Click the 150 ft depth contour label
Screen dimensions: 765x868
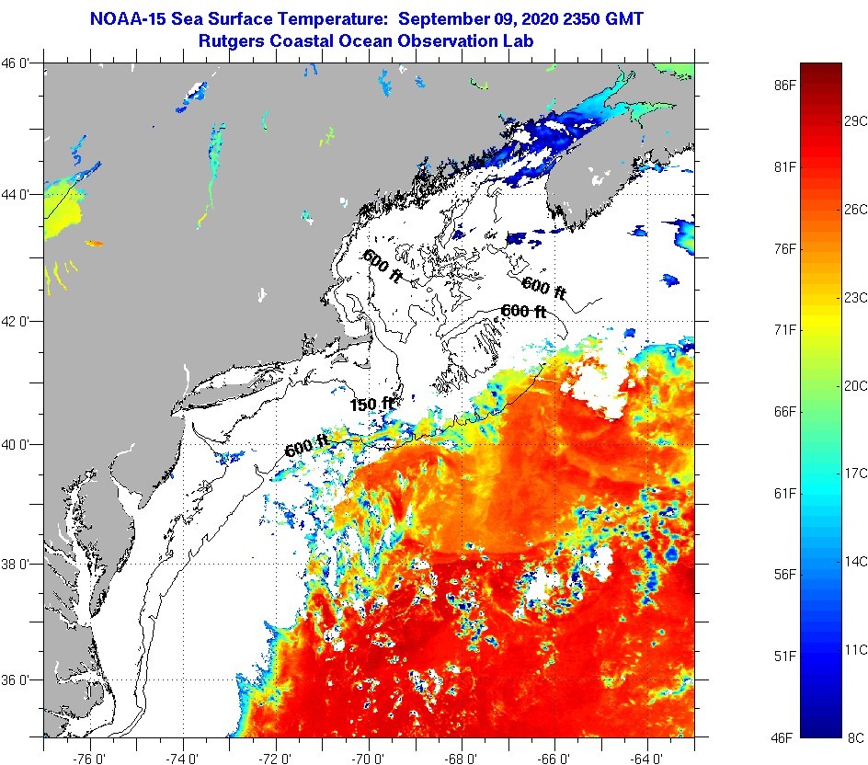click(x=371, y=404)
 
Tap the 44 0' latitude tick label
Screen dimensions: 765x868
click(x=19, y=194)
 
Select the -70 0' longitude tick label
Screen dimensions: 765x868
click(x=370, y=750)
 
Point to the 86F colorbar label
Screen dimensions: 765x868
click(x=783, y=86)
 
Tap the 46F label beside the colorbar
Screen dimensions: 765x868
click(x=783, y=736)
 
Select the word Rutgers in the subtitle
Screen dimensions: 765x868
click(x=231, y=40)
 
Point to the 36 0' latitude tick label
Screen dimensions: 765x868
click(x=19, y=680)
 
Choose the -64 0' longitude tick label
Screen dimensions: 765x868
click(x=647, y=750)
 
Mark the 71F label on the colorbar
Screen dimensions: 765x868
click(x=783, y=329)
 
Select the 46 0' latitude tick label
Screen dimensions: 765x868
click(x=19, y=63)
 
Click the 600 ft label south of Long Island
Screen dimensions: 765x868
click(x=307, y=448)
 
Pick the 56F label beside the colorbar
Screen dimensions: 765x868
click(x=783, y=575)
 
